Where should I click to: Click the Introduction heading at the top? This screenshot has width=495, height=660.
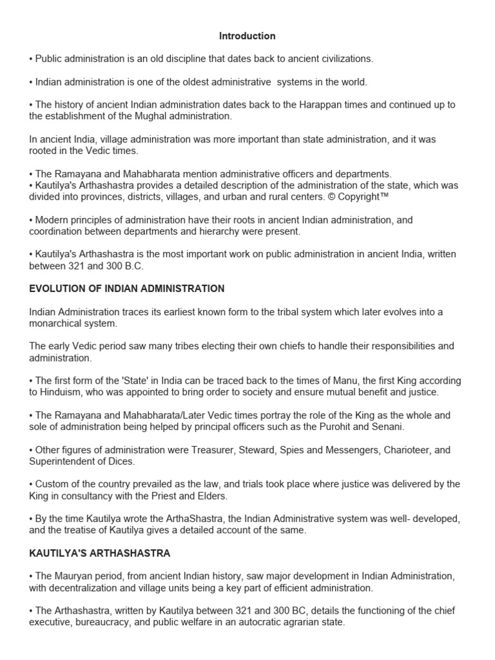(x=247, y=36)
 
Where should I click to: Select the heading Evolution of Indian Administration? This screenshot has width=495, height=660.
(x=127, y=288)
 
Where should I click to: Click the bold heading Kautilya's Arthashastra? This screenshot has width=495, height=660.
(x=100, y=553)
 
